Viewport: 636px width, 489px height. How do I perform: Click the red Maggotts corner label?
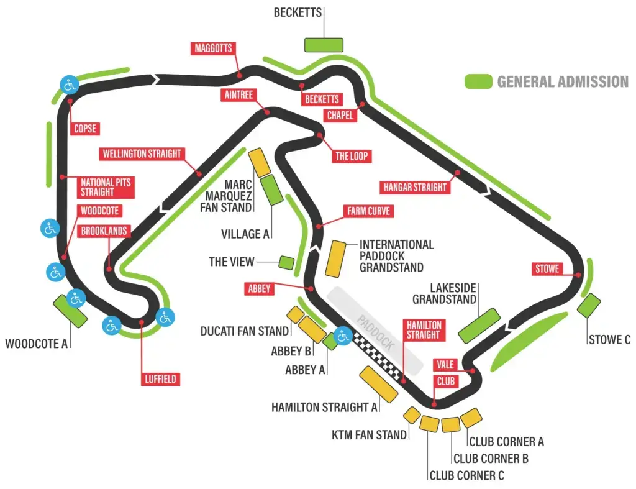(x=213, y=48)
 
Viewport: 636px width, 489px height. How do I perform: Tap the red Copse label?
(x=84, y=129)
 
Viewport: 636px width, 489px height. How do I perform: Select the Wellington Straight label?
(x=142, y=154)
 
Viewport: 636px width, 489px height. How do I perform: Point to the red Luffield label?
(x=161, y=379)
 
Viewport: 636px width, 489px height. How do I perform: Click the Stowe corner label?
(x=547, y=268)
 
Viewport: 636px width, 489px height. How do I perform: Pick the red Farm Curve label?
(x=368, y=211)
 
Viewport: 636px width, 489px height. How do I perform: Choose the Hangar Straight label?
(x=415, y=187)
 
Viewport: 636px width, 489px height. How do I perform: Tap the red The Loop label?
(x=352, y=156)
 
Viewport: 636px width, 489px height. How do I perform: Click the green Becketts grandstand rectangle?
(x=324, y=45)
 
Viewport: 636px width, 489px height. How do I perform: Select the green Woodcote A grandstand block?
(x=70, y=311)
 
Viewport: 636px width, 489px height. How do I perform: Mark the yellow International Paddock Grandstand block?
(x=336, y=259)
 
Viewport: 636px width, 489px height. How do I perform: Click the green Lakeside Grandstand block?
(x=479, y=326)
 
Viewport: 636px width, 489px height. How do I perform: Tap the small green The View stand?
(x=286, y=263)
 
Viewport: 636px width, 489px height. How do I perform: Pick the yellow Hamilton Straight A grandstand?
(x=378, y=384)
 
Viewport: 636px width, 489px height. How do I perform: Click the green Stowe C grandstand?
(x=589, y=306)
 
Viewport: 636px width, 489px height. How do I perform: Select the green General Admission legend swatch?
(x=479, y=81)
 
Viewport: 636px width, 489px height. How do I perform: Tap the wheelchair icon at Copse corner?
(x=70, y=85)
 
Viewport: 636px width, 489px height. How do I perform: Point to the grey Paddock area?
(x=375, y=331)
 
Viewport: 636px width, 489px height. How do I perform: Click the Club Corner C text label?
(x=467, y=475)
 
